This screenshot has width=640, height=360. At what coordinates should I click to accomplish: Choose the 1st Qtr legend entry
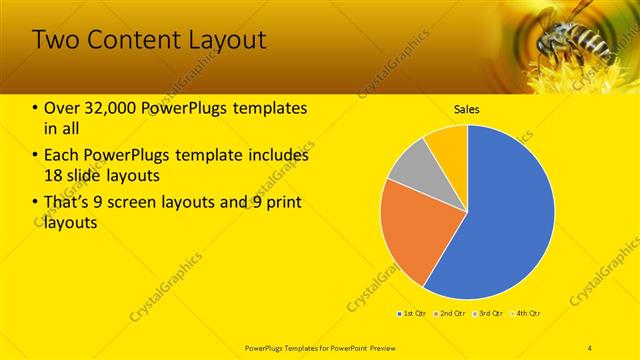click(x=411, y=314)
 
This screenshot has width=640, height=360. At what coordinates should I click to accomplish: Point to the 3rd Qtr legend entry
click(x=490, y=314)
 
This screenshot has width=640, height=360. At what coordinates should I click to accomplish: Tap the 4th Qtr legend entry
click(x=527, y=314)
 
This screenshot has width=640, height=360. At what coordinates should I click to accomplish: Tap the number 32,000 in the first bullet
click(x=109, y=108)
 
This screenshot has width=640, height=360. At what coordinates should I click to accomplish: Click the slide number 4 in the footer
click(x=590, y=346)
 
